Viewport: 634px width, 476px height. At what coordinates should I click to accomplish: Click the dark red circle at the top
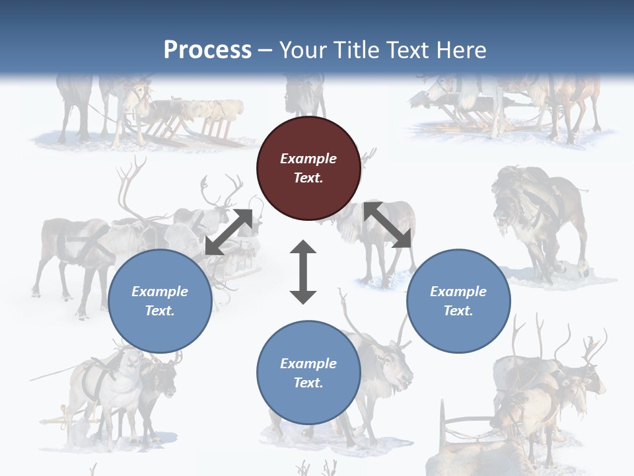(x=308, y=169)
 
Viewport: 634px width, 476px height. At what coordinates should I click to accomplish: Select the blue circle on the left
(x=160, y=301)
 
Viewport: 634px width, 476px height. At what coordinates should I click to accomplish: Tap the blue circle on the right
(x=458, y=301)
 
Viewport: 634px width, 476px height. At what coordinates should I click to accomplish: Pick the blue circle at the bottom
(x=308, y=373)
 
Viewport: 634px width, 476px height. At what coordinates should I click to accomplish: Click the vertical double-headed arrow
(x=303, y=272)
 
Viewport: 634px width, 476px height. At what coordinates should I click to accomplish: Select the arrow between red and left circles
(x=229, y=231)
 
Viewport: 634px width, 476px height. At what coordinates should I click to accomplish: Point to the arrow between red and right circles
(x=388, y=225)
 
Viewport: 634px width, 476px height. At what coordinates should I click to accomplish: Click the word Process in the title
(x=207, y=50)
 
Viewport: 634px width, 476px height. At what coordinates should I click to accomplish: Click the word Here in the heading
(x=462, y=50)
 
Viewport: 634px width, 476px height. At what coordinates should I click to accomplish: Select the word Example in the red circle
(x=308, y=159)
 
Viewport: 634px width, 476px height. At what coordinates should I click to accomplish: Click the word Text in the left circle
(x=160, y=311)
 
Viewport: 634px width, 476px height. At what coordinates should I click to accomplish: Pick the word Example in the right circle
(x=458, y=291)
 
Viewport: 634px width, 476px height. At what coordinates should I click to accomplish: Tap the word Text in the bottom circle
(x=308, y=383)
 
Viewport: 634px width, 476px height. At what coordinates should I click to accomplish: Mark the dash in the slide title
(x=265, y=50)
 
